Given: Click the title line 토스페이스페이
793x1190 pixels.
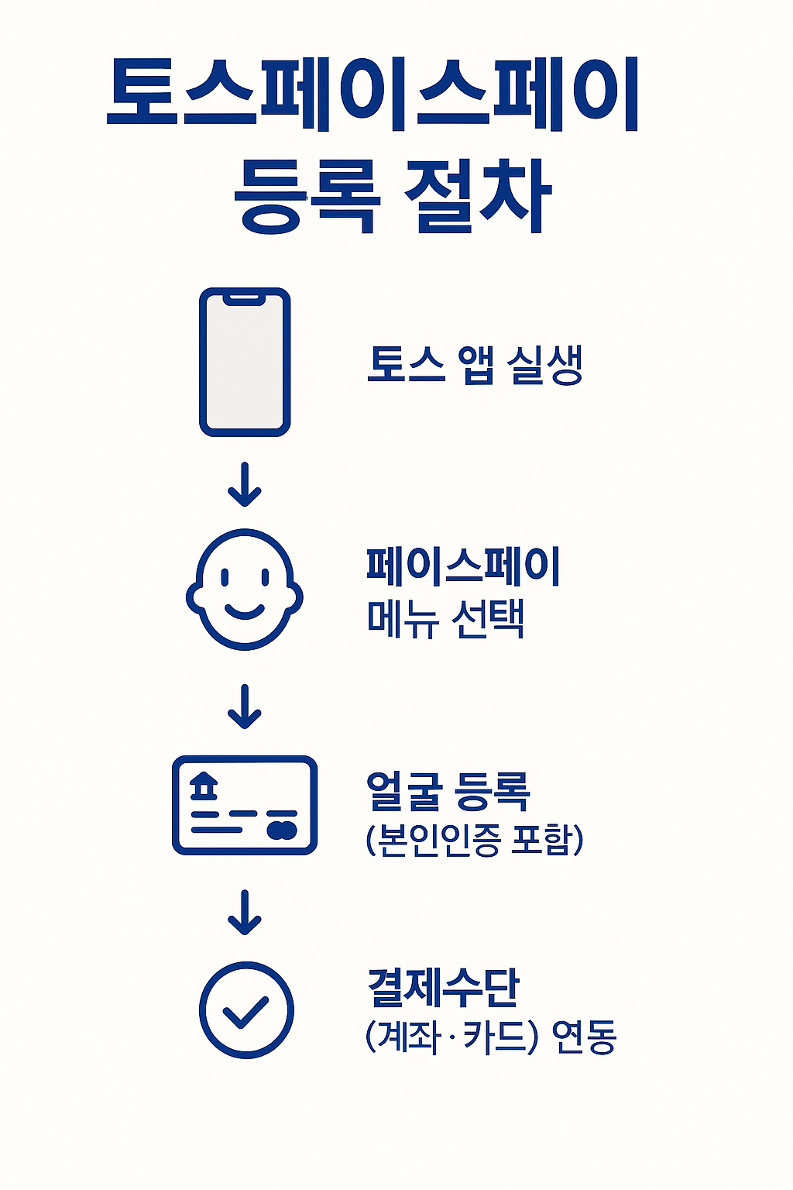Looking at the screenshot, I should tap(372, 94).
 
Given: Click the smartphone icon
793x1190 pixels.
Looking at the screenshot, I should tap(245, 362).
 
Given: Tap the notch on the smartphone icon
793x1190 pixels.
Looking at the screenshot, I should tap(245, 297).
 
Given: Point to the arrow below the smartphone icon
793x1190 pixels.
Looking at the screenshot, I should tap(245, 485).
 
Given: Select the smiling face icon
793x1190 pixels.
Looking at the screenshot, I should tap(245, 590).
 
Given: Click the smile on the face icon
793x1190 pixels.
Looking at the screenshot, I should tap(245, 611).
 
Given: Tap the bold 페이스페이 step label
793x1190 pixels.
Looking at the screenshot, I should tap(463, 566).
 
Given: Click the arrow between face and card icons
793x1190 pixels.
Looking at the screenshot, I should tap(245, 707).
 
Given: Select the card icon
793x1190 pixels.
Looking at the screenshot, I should tap(245, 806).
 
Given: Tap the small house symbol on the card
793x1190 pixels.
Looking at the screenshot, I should tap(204, 786).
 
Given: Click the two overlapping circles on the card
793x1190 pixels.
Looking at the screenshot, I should tap(282, 830).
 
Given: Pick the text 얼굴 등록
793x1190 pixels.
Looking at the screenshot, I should tap(448, 791).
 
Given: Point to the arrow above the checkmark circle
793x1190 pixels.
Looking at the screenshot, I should tap(245, 913).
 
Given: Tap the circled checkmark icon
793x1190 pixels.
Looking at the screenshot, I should tap(246, 1010).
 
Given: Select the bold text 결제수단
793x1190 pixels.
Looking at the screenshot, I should tap(443, 987).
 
